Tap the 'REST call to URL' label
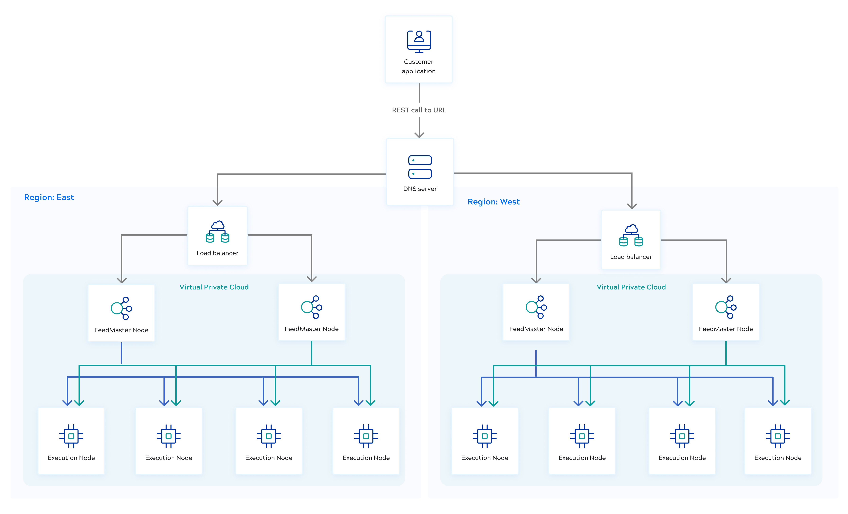pos(419,110)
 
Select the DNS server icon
pos(420,167)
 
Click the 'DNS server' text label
pos(420,189)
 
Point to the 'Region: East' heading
pos(49,197)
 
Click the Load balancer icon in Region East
pos(218,232)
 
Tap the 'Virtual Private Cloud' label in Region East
pos(214,287)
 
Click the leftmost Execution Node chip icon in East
pos(71,436)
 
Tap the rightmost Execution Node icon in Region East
pos(366,436)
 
